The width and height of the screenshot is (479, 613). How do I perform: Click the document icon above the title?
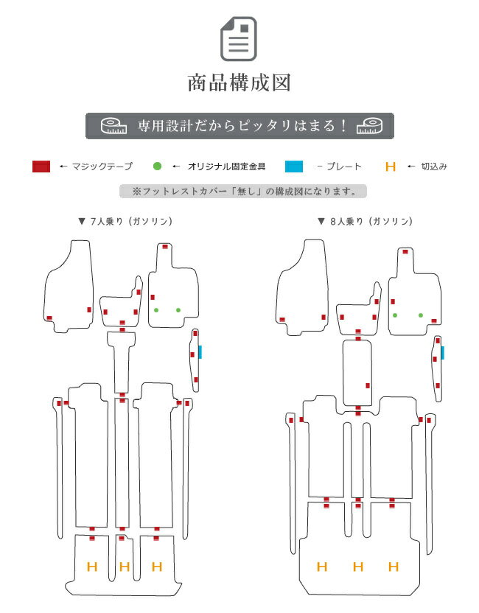pos(239,39)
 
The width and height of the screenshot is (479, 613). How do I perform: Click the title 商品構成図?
pos(239,83)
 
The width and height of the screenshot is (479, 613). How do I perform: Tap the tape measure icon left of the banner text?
pos(113,126)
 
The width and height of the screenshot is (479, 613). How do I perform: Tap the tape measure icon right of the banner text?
pos(369,126)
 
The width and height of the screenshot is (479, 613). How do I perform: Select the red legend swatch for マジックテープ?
pos(41,167)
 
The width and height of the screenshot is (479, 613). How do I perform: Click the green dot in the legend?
pos(157,167)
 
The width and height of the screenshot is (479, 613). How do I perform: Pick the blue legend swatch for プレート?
pos(294,167)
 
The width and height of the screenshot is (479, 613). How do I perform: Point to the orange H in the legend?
pos(391,167)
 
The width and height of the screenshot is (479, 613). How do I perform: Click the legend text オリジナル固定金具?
pos(226,167)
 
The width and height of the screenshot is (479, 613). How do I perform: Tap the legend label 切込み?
pos(434,167)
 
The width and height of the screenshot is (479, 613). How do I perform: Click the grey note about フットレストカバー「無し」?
pos(243,191)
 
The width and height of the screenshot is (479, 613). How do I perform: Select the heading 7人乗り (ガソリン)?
pos(125,221)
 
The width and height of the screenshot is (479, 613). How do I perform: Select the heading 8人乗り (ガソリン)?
pos(366,221)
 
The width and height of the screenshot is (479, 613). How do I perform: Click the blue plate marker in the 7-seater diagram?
pos(200,352)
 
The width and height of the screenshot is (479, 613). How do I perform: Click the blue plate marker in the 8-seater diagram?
pos(443,353)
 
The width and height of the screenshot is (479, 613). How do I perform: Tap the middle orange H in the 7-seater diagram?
pos(125,566)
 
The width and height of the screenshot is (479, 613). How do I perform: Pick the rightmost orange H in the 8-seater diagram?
pos(394,567)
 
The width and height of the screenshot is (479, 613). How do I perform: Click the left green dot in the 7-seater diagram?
pos(156,310)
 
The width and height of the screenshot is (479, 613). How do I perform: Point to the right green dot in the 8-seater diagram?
pos(421,315)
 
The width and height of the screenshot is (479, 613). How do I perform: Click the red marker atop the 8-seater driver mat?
pos(405,251)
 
